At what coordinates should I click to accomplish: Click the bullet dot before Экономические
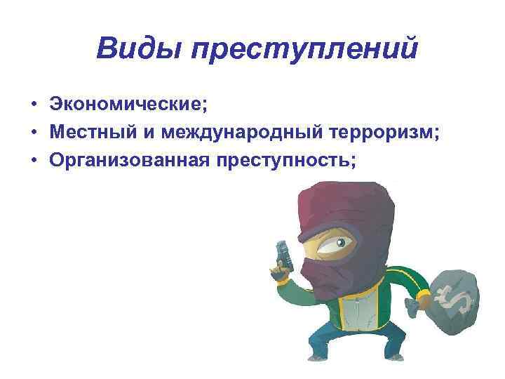[x=33, y=105]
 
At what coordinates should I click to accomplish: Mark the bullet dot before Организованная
[x=33, y=161]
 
